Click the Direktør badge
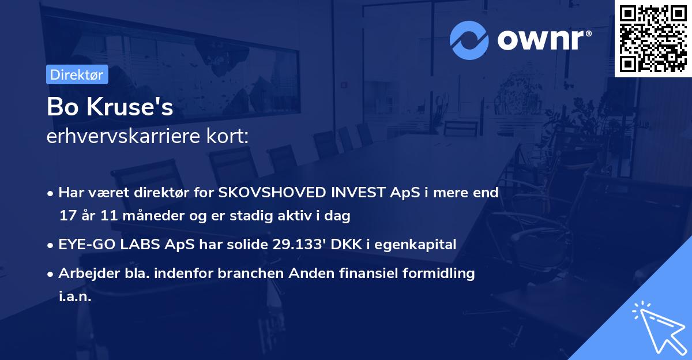coord(77,75)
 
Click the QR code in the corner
coord(653,39)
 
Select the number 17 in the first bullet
coord(67,216)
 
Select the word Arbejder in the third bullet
coord(84,273)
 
